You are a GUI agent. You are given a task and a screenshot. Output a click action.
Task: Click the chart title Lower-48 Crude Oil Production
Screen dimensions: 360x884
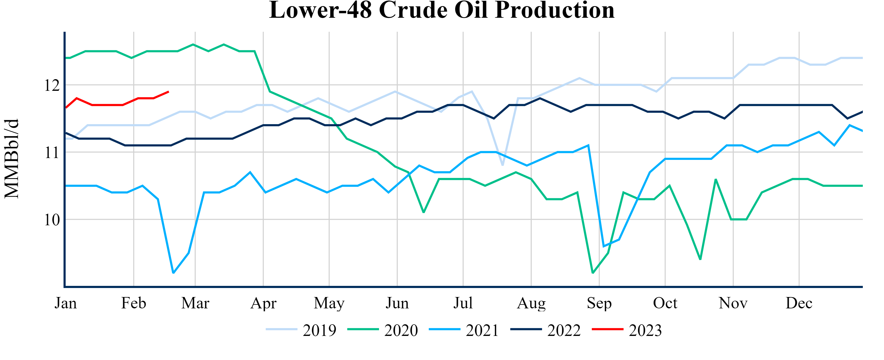(x=442, y=10)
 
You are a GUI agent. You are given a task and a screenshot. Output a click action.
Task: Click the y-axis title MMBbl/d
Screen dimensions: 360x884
(x=12, y=159)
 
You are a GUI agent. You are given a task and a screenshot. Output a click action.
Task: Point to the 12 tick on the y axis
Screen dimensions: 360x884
(x=52, y=85)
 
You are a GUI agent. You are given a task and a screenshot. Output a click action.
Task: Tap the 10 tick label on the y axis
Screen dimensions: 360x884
(x=52, y=220)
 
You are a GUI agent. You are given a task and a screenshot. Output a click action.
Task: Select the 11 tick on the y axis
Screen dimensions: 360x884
(x=52, y=152)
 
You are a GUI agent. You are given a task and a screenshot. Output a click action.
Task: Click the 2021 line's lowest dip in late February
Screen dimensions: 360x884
(x=173, y=273)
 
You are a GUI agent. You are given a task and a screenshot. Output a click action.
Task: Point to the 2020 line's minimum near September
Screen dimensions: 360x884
(x=593, y=273)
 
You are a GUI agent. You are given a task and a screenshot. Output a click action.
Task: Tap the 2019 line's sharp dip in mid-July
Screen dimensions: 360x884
(x=502, y=165)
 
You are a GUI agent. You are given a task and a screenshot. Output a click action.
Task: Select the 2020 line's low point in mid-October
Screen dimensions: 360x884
(x=700, y=259)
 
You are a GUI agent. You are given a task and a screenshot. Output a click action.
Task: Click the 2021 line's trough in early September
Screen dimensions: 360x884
(x=604, y=246)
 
